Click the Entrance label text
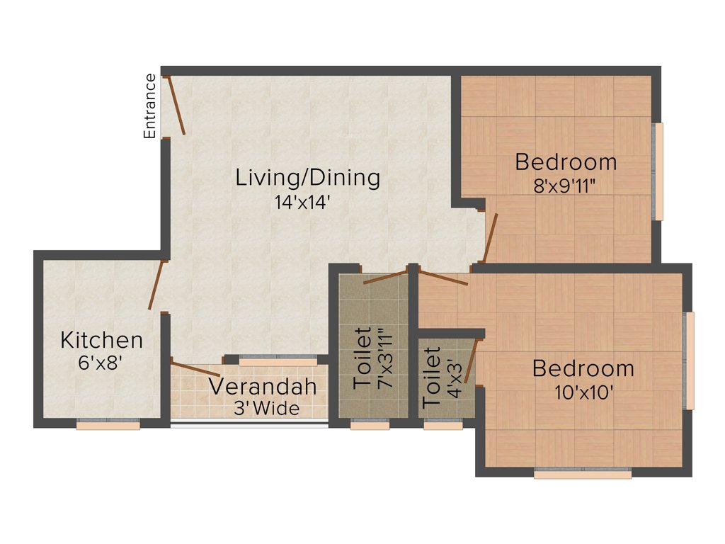pos(150,106)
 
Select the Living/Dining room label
pos(307,177)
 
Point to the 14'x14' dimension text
pos(303,202)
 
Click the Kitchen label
pos(101,340)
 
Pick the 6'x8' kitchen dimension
pos(99,363)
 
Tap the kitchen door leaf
pos(156,285)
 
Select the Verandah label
pos(262,387)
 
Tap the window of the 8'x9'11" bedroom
pos(658,171)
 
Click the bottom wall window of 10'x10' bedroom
pos(582,474)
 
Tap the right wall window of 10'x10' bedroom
pos(689,361)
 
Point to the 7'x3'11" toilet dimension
pos(384,358)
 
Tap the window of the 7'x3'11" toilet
pos(370,425)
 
